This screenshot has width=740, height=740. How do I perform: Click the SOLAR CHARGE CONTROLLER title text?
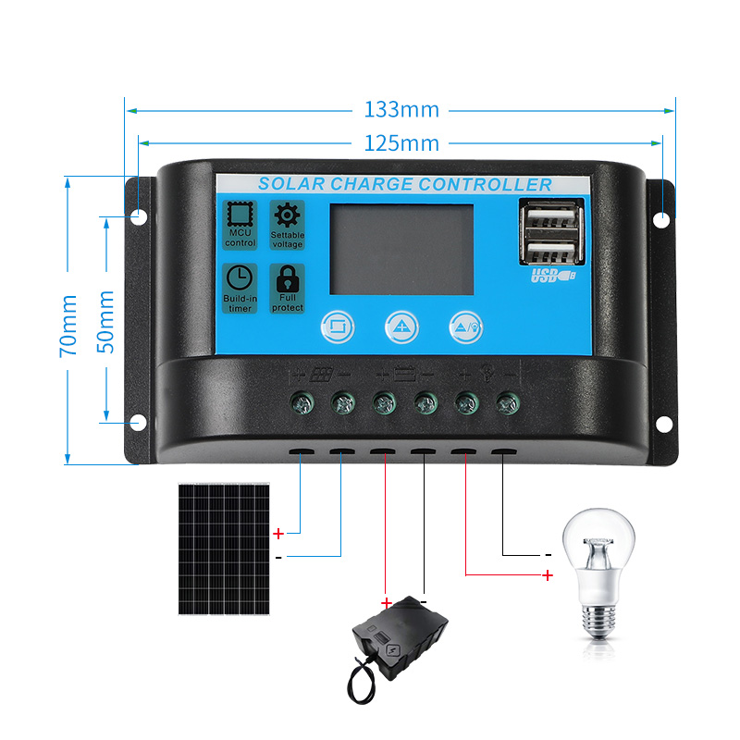click(404, 184)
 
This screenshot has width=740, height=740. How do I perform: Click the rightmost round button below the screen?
click(465, 324)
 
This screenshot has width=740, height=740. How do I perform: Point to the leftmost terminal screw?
click(302, 402)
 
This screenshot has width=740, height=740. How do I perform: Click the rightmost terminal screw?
click(505, 402)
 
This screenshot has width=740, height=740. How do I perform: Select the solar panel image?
click(224, 549)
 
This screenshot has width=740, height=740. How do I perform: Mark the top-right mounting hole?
click(663, 219)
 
